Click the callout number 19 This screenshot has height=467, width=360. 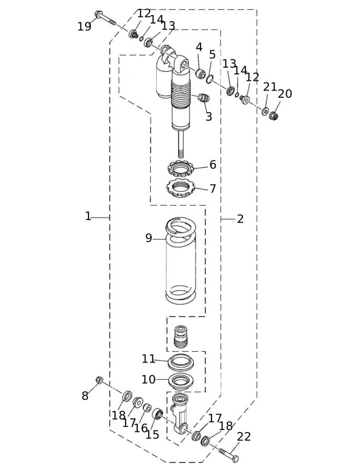tap(84, 26)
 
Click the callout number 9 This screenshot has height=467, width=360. tap(149, 238)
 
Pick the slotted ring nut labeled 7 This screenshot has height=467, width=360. tap(180, 188)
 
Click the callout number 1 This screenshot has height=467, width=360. tap(88, 216)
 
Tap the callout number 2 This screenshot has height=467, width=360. tap(240, 219)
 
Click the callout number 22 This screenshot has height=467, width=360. tap(244, 436)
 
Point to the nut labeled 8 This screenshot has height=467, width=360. tap(99, 380)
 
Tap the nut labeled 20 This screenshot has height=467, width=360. tap(273, 115)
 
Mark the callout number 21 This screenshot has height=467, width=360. tap(270, 87)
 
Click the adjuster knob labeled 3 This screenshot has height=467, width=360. tap(203, 98)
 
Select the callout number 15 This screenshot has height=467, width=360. tap(152, 435)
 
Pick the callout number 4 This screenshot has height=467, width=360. tap(199, 47)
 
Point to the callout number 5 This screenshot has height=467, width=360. tap(212, 55)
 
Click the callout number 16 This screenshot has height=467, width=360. tap(141, 428)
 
